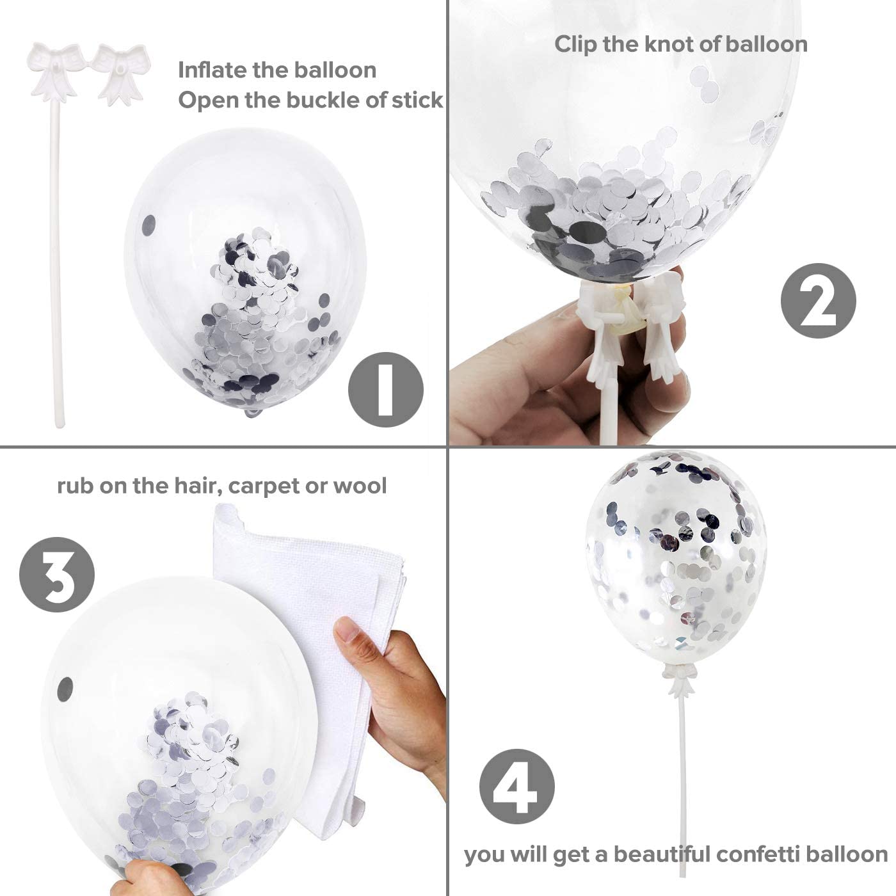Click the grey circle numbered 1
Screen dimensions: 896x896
(385, 390)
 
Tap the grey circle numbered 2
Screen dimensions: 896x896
(818, 300)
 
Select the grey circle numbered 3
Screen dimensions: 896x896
(57, 575)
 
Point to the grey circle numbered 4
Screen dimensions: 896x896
(516, 787)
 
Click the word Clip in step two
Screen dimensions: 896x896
(575, 45)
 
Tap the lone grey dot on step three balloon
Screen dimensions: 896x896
(65, 686)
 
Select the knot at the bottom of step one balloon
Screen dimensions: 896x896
(254, 412)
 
